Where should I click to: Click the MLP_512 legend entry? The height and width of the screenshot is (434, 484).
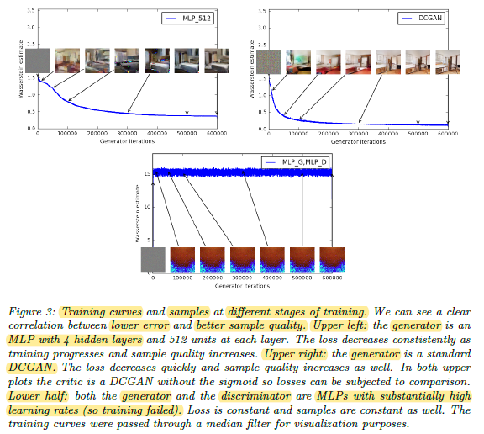188,19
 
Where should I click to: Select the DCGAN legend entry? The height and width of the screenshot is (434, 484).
421,19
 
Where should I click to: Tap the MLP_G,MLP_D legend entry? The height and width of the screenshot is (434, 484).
296,162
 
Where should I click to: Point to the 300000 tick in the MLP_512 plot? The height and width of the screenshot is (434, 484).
127,133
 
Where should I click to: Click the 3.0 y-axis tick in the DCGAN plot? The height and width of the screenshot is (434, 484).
262,28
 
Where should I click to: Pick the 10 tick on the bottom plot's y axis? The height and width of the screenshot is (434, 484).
147,207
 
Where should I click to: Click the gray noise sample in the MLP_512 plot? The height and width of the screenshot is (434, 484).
37,61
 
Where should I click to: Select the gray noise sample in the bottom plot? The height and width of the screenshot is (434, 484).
153,259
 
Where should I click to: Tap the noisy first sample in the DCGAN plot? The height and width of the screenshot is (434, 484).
269,61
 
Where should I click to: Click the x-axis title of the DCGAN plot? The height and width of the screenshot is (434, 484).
358,142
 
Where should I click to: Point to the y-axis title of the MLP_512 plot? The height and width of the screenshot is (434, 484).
21,69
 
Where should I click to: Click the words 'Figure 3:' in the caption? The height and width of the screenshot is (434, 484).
32,312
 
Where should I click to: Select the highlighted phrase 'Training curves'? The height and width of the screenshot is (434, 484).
102,312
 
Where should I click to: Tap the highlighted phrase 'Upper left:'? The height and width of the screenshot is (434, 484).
339,325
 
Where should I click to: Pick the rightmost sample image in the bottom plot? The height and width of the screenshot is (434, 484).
332,259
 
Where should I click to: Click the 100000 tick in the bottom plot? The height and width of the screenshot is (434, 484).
182,278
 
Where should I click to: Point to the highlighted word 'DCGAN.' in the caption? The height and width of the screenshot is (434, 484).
32,368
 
